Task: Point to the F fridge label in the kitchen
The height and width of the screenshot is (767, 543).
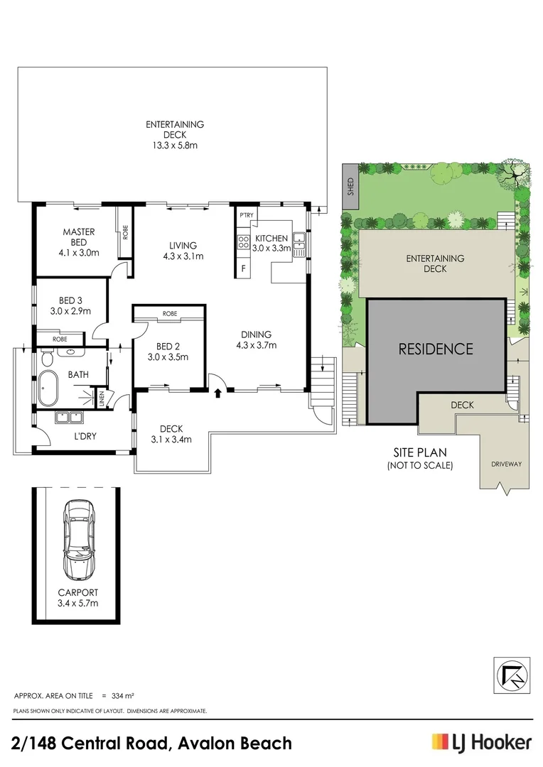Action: pos(244,269)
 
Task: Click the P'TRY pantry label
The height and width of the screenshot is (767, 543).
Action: pos(247,215)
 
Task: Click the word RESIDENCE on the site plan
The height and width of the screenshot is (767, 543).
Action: pos(435,349)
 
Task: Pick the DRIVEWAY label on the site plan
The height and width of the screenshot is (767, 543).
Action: pos(505,464)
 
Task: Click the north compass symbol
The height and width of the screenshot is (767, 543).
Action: pos(510,675)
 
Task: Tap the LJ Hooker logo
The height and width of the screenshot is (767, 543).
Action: pos(481,743)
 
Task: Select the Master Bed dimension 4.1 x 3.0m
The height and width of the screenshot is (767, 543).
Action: pos(78,252)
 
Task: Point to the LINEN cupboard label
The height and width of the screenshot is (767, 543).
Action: pos(102,399)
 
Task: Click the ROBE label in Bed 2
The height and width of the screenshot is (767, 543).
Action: pos(169,313)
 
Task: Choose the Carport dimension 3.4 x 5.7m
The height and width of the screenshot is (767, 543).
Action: pos(78,603)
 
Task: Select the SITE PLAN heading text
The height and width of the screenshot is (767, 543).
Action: pos(419,452)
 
